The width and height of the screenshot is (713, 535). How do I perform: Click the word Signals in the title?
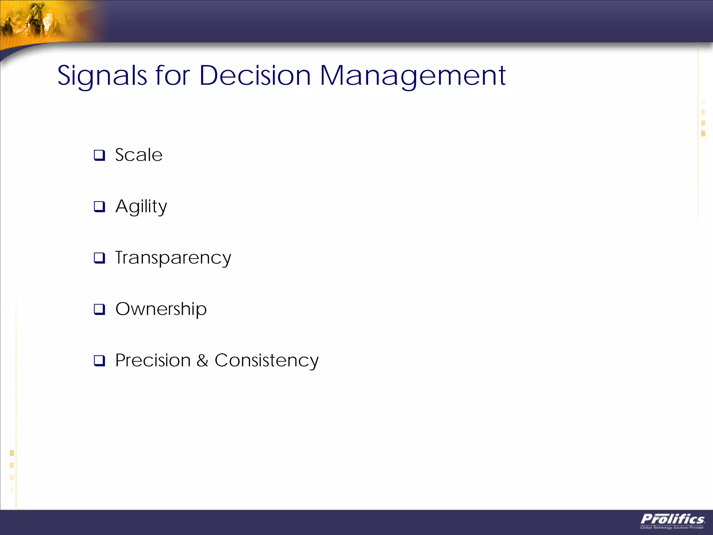tap(102, 76)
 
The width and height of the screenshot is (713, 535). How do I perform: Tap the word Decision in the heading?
tap(255, 76)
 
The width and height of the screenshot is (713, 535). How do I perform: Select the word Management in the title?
tap(413, 76)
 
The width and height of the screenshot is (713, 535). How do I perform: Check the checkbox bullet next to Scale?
tap(99, 155)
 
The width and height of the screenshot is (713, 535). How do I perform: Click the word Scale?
tap(139, 155)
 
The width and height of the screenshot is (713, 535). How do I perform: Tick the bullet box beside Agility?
tap(99, 207)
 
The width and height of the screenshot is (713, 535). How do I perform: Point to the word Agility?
tap(141, 207)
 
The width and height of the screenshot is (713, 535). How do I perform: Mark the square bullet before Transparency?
tap(99, 258)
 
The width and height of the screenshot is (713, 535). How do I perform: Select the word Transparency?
tap(173, 258)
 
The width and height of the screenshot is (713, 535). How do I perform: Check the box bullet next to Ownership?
tap(99, 309)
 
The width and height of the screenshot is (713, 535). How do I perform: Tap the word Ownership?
tap(161, 309)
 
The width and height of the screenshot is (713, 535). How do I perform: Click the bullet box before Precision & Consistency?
tap(99, 360)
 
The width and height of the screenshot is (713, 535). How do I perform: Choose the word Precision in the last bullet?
tap(153, 360)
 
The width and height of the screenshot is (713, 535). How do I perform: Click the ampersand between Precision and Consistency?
tap(202, 361)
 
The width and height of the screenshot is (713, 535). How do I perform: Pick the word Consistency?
tap(266, 361)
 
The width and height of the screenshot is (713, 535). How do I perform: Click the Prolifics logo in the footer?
tap(672, 519)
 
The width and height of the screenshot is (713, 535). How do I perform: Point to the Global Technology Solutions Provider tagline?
tap(672, 527)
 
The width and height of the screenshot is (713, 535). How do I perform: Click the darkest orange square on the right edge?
tap(703, 133)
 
